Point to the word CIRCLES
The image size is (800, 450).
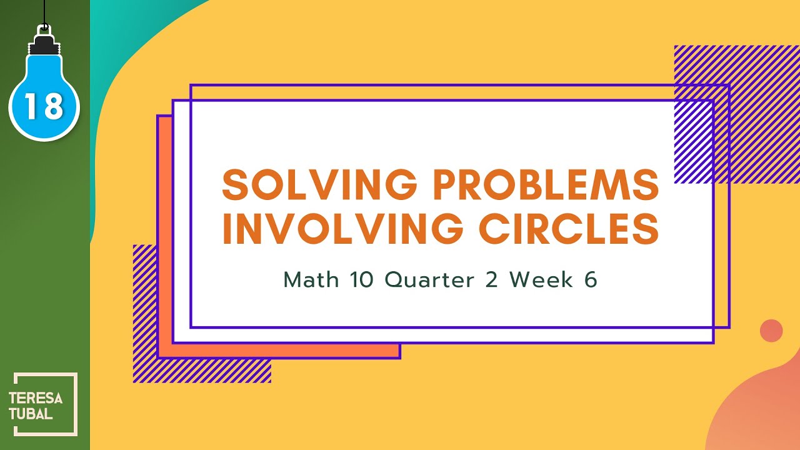pos(569,229)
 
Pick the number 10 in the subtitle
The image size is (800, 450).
pos(361,280)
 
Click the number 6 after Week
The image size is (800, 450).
pos(591,280)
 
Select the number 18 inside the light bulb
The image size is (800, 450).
pos(44,107)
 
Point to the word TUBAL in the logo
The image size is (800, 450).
pos(31,414)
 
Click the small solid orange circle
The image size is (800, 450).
pos(771,331)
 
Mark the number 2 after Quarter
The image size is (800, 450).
pos(491,280)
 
